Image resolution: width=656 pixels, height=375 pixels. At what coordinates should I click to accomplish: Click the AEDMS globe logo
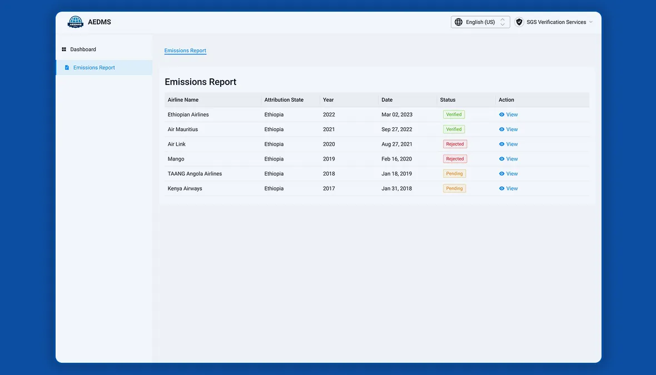click(75, 22)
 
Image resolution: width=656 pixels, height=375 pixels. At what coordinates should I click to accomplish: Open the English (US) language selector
click(480, 22)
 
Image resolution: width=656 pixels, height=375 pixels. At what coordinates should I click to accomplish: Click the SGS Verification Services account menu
click(554, 22)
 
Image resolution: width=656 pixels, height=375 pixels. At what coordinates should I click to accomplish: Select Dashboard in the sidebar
click(83, 49)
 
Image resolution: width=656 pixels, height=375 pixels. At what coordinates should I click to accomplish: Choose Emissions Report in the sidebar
click(94, 68)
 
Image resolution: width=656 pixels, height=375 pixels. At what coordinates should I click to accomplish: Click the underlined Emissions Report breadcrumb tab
click(185, 51)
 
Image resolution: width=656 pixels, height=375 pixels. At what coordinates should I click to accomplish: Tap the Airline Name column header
click(183, 100)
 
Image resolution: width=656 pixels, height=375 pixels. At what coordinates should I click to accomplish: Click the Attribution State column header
click(284, 100)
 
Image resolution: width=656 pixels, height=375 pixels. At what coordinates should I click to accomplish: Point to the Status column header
click(448, 100)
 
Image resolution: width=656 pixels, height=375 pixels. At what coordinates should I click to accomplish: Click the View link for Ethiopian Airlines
click(508, 114)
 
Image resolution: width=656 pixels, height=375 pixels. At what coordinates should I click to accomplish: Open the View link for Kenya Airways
click(508, 188)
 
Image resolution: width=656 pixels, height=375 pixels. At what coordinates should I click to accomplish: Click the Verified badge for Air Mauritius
click(454, 129)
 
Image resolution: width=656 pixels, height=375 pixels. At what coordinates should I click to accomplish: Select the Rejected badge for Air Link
click(455, 144)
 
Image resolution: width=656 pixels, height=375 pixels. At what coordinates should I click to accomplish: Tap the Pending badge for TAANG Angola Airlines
click(454, 173)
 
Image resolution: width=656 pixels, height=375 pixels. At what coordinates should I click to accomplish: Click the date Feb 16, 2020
click(396, 159)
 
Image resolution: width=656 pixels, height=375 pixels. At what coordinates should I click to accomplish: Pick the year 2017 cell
click(329, 188)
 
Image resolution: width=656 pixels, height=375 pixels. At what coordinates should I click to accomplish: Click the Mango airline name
click(176, 159)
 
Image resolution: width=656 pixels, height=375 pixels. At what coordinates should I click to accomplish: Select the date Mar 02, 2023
click(397, 114)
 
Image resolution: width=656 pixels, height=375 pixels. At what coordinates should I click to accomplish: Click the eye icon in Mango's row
click(501, 159)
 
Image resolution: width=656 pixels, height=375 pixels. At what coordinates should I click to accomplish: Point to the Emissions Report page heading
click(200, 82)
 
